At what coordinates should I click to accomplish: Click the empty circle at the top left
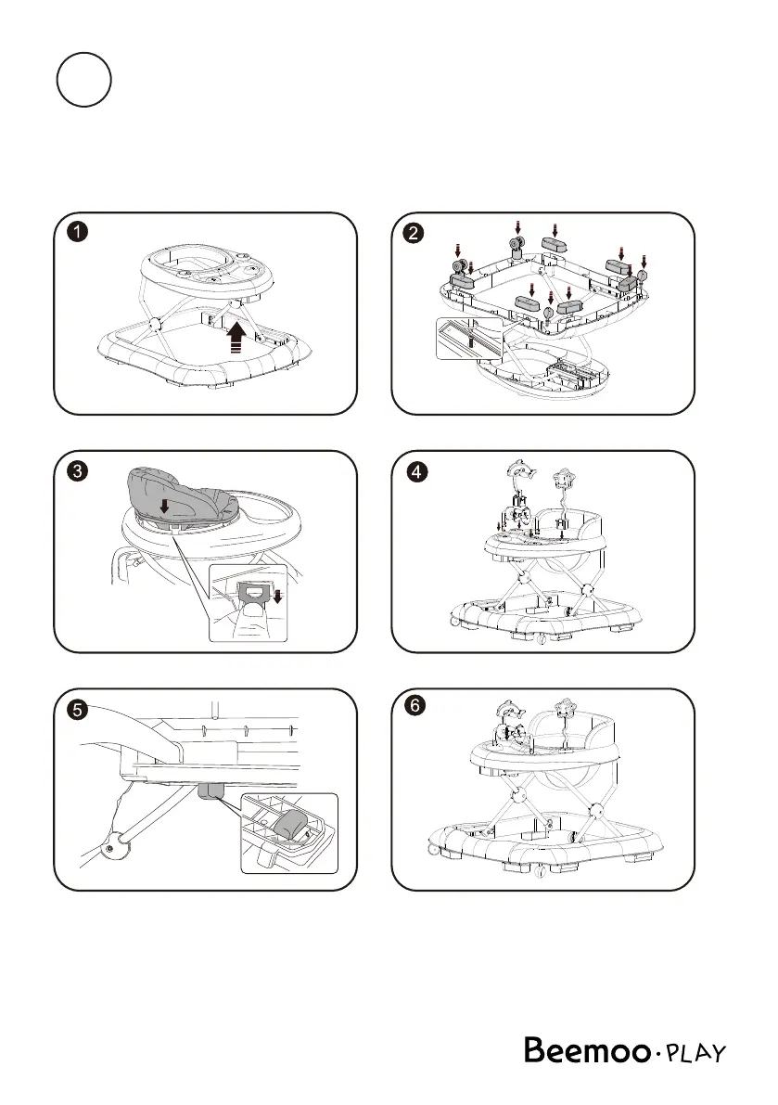83,81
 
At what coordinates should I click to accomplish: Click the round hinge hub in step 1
156,325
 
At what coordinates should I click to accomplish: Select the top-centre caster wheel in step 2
517,245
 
